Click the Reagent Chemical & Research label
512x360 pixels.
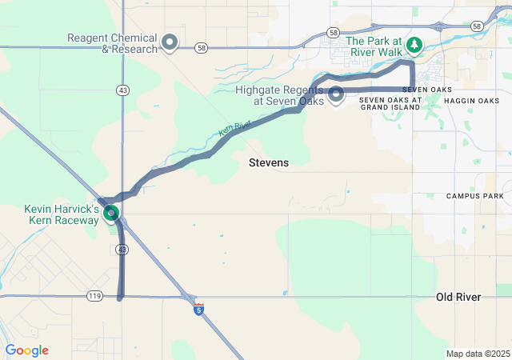click(x=112, y=43)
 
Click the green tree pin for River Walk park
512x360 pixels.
click(x=414, y=44)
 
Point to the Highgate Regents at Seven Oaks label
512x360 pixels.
click(x=279, y=95)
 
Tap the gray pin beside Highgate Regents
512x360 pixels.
click(x=336, y=94)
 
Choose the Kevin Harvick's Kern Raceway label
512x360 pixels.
click(x=62, y=214)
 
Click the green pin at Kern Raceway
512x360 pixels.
click(x=111, y=213)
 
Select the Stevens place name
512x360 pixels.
click(x=269, y=162)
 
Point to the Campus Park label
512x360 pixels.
click(x=475, y=196)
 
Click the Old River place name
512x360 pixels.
click(x=458, y=298)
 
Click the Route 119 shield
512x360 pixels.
click(x=94, y=297)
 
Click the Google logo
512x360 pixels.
click(x=26, y=350)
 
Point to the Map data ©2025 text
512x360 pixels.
click(x=477, y=354)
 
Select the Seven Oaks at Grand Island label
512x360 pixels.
click(x=390, y=103)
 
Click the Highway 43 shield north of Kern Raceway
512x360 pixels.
click(x=122, y=90)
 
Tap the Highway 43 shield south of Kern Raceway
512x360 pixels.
click(x=122, y=250)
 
